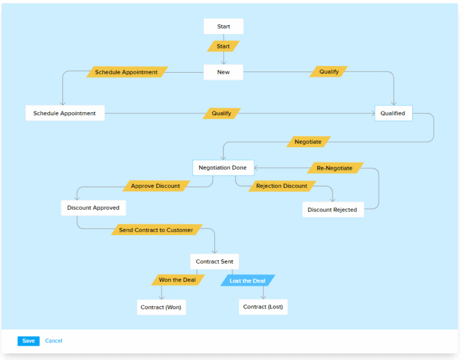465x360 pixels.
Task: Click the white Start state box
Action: point(223,27)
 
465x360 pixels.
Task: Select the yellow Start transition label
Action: point(223,46)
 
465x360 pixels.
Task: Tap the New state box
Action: point(223,72)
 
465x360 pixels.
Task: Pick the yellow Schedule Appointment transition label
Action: point(127,72)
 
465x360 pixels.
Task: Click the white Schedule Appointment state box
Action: point(65,113)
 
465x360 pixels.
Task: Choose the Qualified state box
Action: point(394,113)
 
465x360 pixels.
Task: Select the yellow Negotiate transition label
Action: point(308,142)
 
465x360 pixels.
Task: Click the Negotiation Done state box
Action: point(223,168)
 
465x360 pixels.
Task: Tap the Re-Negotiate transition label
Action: point(334,168)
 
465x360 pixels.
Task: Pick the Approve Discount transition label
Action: point(156,186)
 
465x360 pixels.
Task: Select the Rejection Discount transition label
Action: point(282,186)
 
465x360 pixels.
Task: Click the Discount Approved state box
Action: point(93,208)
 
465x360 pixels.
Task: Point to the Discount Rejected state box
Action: point(332,210)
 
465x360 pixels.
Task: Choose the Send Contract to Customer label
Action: point(156,230)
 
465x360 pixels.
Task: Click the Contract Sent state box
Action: point(215,262)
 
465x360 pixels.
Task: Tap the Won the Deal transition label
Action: point(177,280)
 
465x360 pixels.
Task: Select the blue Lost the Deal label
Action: point(248,281)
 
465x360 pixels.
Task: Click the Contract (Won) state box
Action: point(161,307)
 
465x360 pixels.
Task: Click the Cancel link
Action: point(54,341)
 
